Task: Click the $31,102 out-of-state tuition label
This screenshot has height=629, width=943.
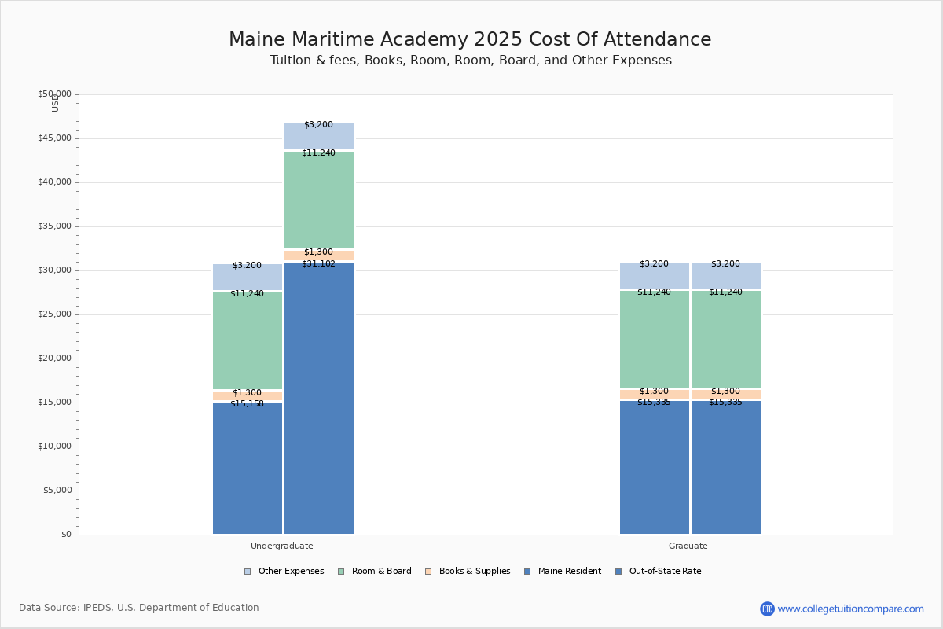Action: click(x=318, y=264)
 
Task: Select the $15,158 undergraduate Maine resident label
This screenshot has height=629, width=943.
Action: click(x=247, y=404)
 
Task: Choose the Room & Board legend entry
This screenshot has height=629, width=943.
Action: click(x=375, y=572)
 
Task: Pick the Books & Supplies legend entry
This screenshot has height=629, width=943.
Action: click(x=468, y=572)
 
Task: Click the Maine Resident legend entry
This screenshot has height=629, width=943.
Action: click(x=563, y=572)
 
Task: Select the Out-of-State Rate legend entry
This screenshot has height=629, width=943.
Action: click(x=659, y=572)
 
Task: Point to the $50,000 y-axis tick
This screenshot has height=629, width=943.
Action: click(x=54, y=94)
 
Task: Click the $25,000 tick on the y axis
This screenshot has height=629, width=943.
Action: click(x=54, y=314)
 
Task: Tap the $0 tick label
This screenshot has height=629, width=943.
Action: click(x=66, y=535)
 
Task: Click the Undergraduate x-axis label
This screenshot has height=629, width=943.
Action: click(x=281, y=546)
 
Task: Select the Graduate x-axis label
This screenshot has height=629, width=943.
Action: click(x=688, y=546)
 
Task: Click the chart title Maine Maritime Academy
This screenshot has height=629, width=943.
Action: click(x=470, y=40)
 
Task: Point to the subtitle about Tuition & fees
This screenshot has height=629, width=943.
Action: click(x=471, y=61)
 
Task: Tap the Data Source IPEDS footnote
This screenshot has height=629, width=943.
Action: click(x=139, y=608)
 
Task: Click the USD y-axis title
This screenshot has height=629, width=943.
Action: click(x=55, y=103)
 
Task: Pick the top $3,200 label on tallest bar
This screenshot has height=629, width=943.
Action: click(x=318, y=125)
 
